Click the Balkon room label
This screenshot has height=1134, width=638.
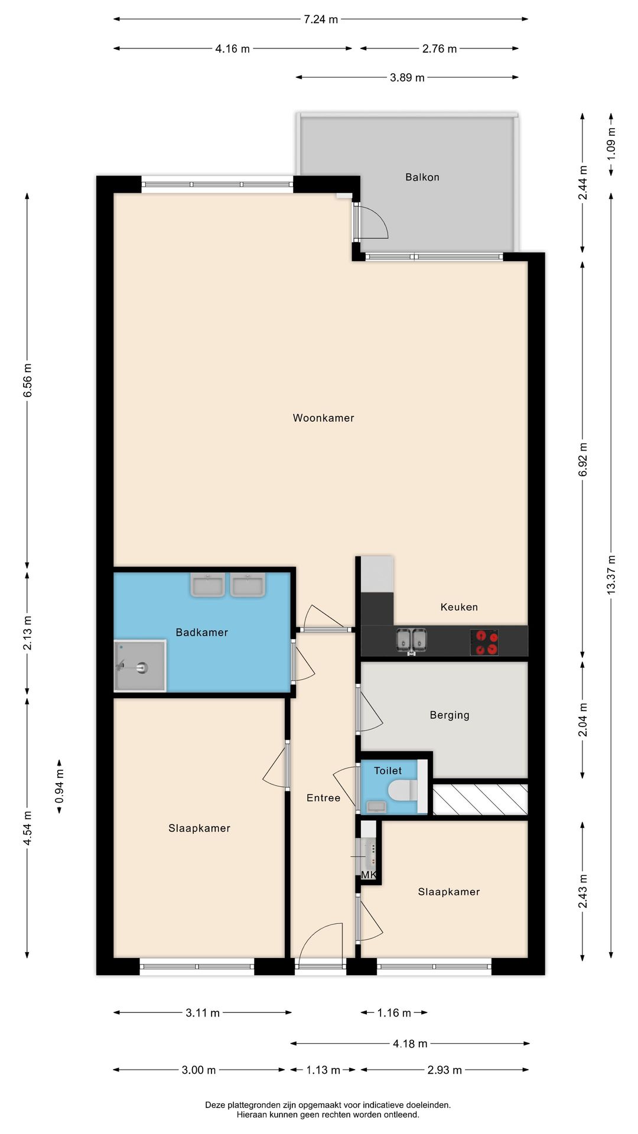click(x=422, y=177)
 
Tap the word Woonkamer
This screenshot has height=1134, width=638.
click(x=323, y=418)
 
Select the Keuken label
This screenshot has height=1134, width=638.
click(x=459, y=607)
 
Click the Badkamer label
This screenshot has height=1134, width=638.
click(x=201, y=633)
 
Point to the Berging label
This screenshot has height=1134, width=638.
click(x=450, y=715)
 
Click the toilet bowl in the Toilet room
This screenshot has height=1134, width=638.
click(x=403, y=790)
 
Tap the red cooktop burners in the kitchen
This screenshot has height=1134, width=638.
click(x=484, y=642)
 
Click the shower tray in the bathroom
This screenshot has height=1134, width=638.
click(x=140, y=666)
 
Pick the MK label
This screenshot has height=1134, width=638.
click(x=369, y=875)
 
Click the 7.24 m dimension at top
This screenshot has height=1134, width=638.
click(x=321, y=19)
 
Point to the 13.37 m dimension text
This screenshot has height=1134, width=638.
click(x=611, y=575)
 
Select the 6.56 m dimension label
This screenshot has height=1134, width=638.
click(x=28, y=381)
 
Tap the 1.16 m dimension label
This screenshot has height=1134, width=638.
click(x=394, y=1013)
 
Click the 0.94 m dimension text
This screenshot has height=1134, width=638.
click(x=59, y=787)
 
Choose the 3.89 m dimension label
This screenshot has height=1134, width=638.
click(x=407, y=77)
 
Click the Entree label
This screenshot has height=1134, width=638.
click(x=323, y=798)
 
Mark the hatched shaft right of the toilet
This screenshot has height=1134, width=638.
click(x=480, y=800)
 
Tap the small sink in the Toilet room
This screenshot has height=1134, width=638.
click(x=376, y=807)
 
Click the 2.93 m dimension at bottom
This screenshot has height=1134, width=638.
click(x=444, y=1070)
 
